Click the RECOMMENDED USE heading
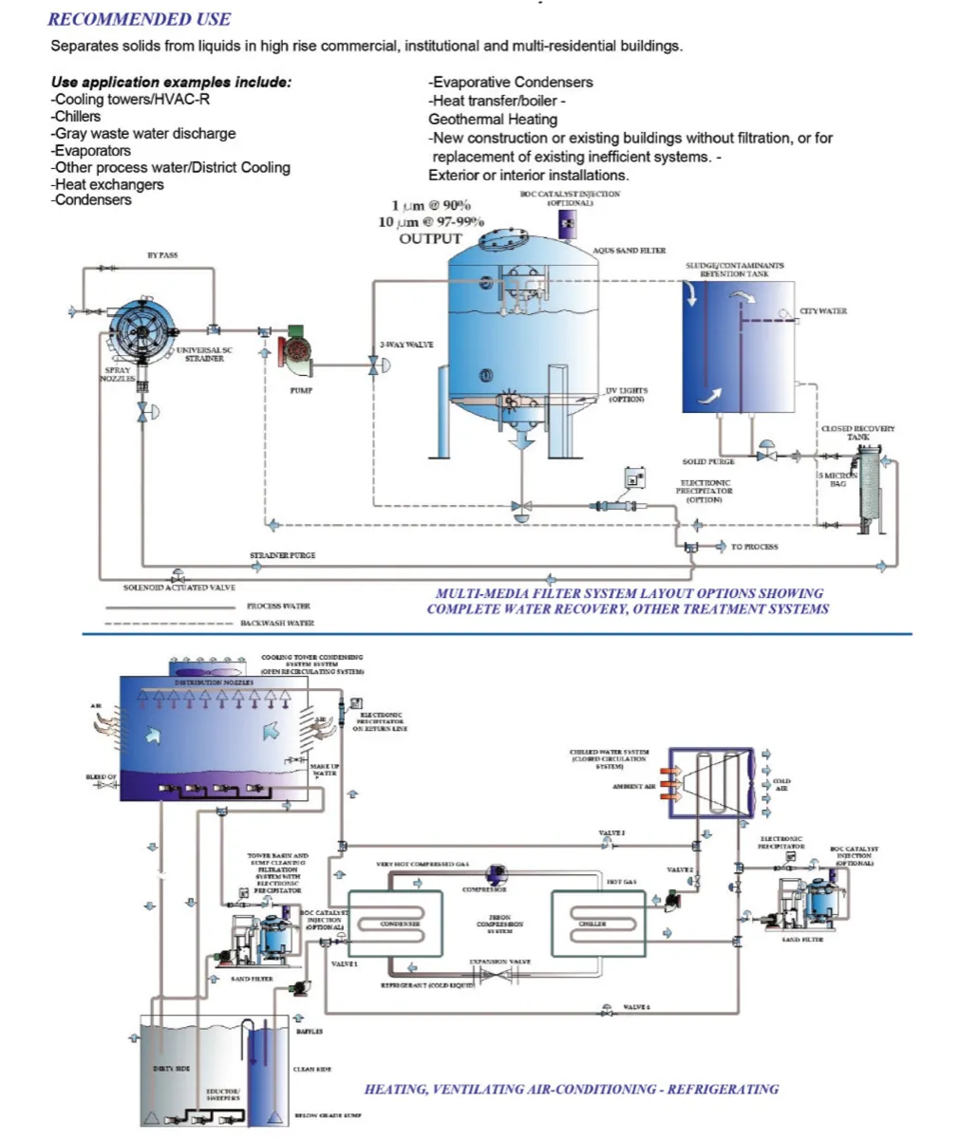[139, 19]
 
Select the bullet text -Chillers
[76, 117]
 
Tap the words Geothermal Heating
[493, 120]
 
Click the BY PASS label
[161, 255]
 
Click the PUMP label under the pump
[300, 390]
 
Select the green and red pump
[298, 345]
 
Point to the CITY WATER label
[822, 311]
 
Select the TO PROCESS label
[754, 547]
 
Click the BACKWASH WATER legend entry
[276, 623]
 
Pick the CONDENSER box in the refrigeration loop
[399, 924]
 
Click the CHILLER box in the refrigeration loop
[593, 924]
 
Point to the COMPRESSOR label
[484, 889]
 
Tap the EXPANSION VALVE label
[499, 962]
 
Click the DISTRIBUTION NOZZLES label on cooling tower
[213, 682]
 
